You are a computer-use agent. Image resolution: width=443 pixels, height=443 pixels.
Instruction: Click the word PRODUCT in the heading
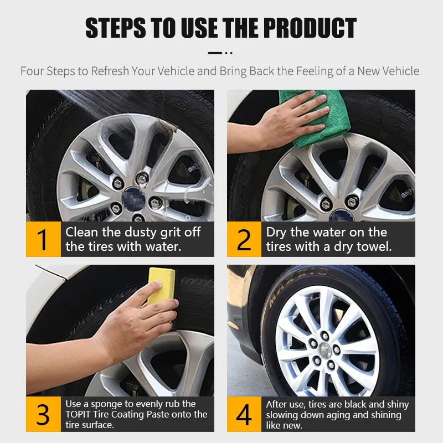point(310,28)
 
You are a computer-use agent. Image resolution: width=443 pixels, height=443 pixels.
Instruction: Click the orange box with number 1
point(43,239)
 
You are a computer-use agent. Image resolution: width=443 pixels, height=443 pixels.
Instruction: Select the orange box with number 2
point(244,239)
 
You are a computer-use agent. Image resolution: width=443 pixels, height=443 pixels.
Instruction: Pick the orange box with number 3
point(43,414)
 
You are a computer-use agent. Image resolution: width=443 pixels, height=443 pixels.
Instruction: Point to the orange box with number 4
point(244,414)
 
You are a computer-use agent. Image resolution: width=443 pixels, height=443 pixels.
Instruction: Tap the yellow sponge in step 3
point(161,285)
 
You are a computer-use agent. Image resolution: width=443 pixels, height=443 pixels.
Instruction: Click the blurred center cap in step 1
point(133,199)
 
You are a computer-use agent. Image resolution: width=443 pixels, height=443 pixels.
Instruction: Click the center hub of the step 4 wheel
point(325,351)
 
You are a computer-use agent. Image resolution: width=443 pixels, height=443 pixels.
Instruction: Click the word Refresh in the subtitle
point(110,71)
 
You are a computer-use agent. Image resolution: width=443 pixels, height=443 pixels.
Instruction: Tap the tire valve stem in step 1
point(193,168)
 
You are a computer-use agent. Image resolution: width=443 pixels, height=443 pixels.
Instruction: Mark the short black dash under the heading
point(215,53)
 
